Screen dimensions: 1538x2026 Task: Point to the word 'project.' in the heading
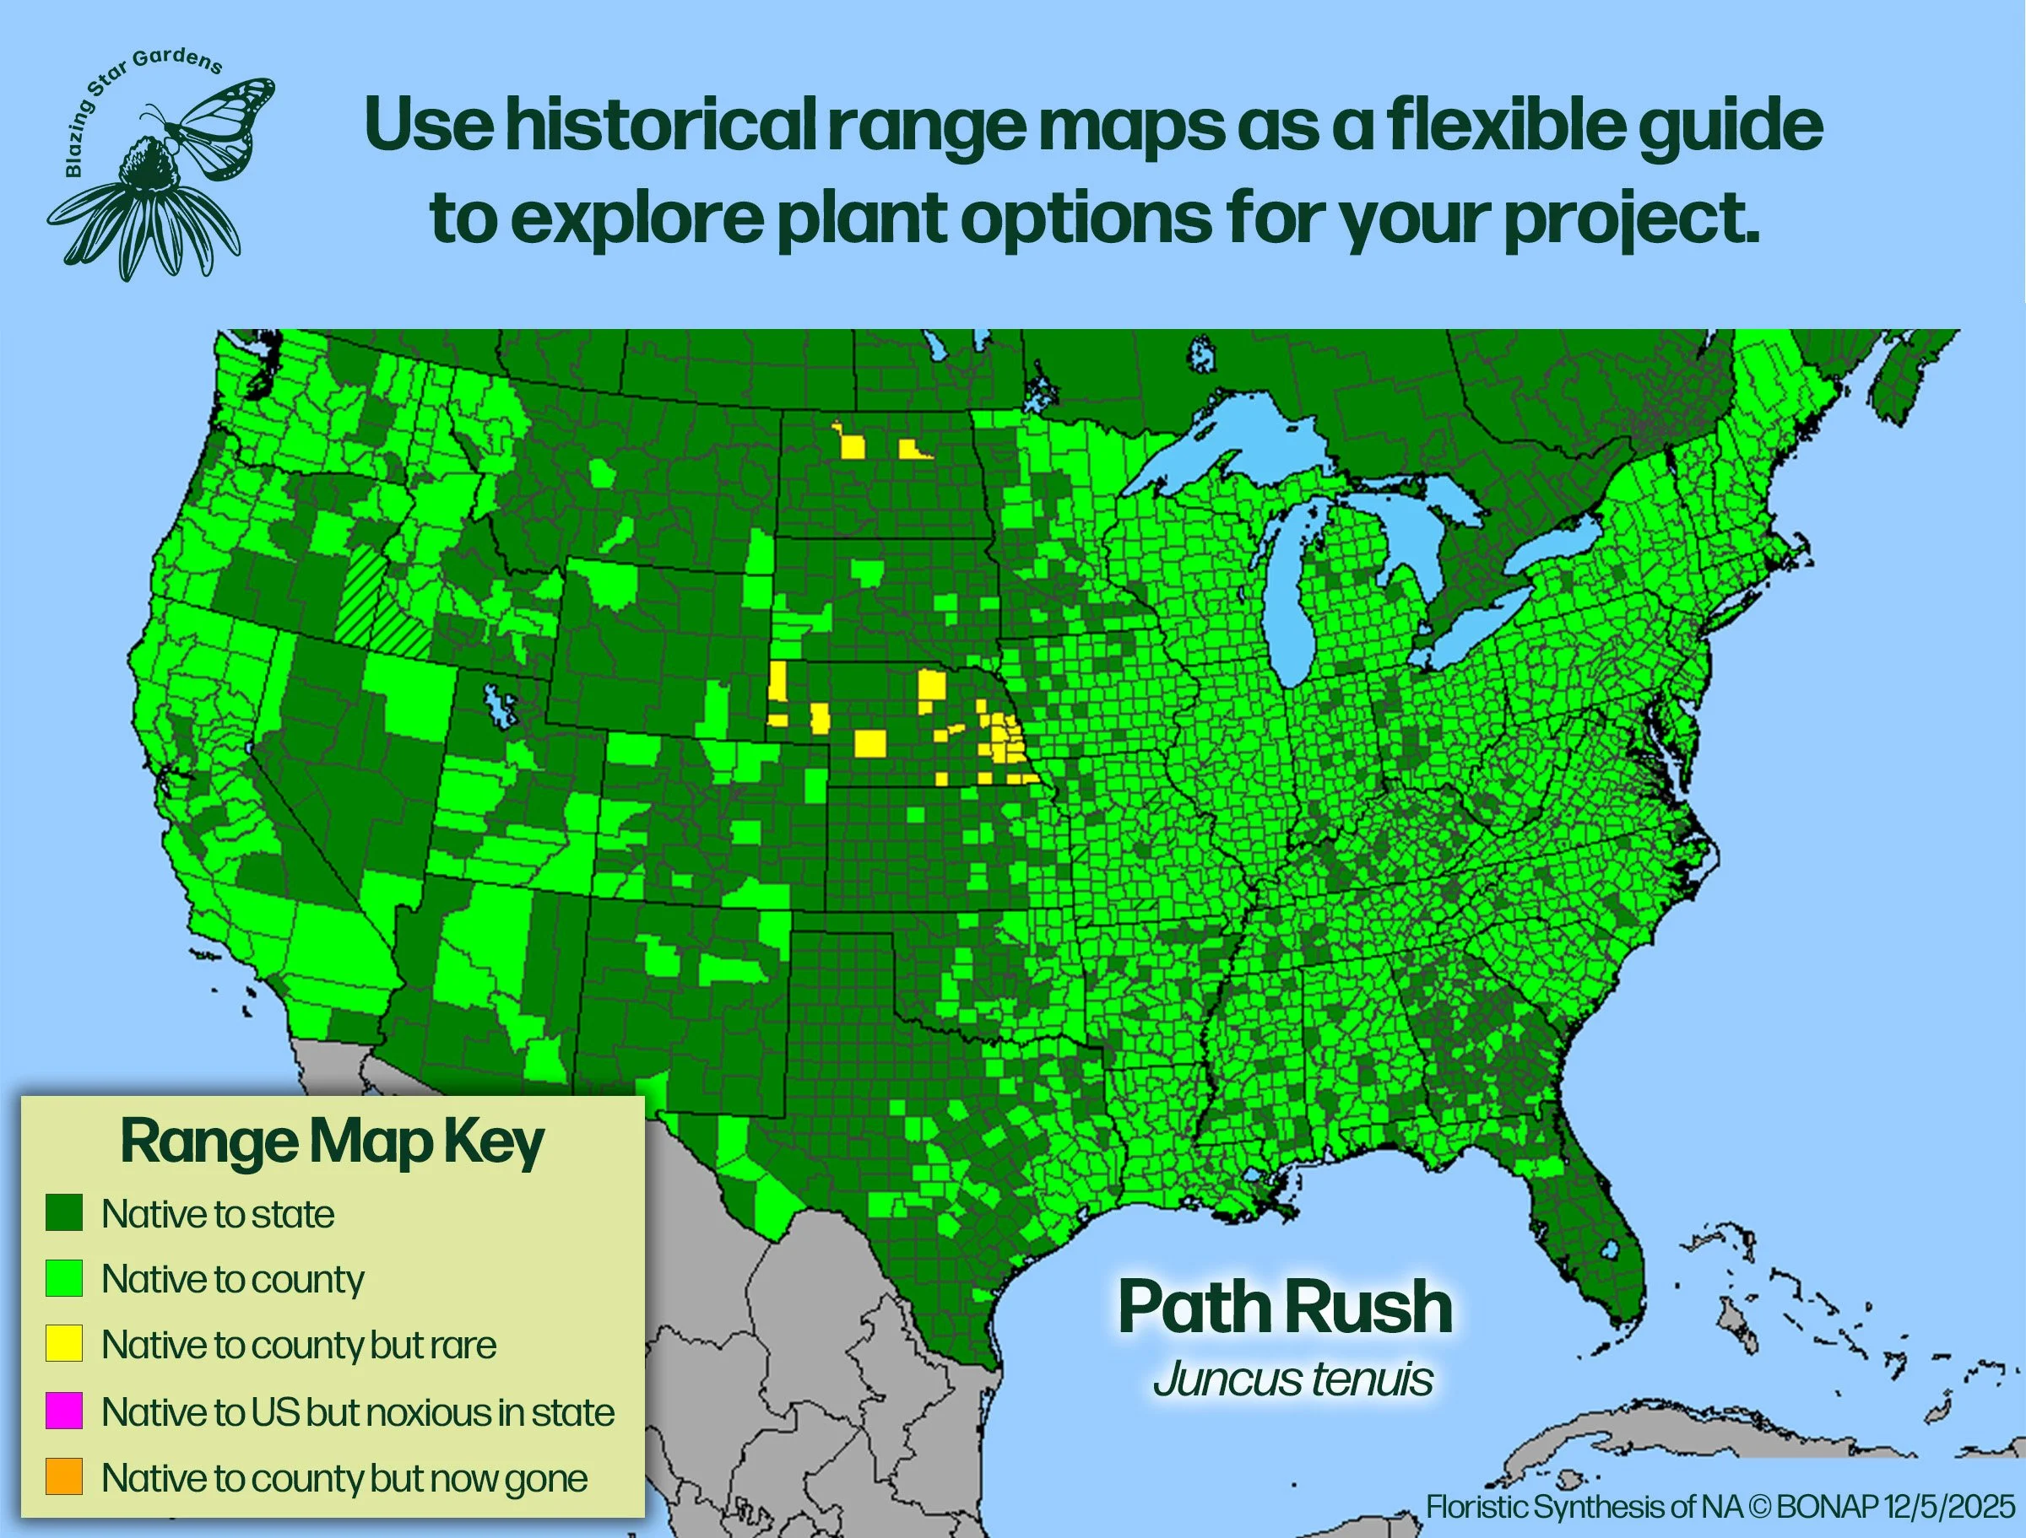click(x=1630, y=219)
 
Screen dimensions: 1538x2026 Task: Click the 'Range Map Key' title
click(x=332, y=1142)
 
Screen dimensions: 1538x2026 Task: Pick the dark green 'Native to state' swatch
click(x=64, y=1213)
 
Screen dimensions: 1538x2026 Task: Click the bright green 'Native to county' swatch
click(x=64, y=1278)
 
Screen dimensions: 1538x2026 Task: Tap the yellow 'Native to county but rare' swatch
click(x=64, y=1344)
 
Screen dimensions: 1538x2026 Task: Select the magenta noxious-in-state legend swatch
click(x=64, y=1411)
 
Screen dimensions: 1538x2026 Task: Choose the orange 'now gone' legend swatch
click(x=64, y=1476)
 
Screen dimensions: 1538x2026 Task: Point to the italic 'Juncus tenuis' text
click(x=1292, y=1379)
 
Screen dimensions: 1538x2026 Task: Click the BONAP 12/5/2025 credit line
click(x=1720, y=1506)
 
